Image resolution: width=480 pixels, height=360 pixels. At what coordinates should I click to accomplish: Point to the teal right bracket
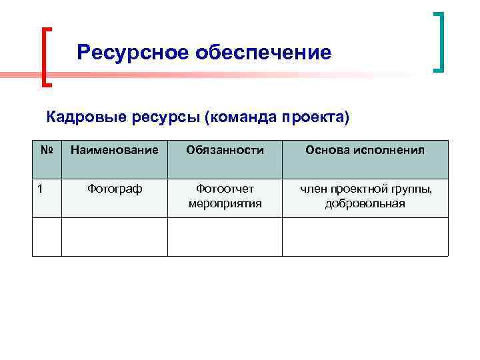pyautogui.click(x=439, y=41)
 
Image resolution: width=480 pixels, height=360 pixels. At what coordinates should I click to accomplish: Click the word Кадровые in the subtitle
pyautogui.click(x=82, y=118)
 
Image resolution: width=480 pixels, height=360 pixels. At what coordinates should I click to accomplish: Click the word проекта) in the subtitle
pyautogui.click(x=315, y=118)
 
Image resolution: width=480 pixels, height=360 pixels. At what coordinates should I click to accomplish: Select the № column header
pyautogui.click(x=47, y=150)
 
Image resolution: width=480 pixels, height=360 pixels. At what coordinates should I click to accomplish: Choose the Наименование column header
pyautogui.click(x=115, y=150)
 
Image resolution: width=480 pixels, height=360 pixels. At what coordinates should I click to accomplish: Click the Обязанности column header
pyautogui.click(x=225, y=150)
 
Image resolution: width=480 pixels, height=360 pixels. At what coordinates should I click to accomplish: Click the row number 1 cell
pyautogui.click(x=41, y=189)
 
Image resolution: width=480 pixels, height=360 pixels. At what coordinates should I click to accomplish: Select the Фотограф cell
pyautogui.click(x=115, y=189)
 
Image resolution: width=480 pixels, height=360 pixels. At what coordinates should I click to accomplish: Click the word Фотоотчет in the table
pyautogui.click(x=225, y=189)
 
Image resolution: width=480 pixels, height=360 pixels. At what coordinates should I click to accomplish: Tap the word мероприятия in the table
pyautogui.click(x=225, y=203)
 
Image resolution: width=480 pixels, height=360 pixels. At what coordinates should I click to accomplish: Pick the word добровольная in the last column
pyautogui.click(x=365, y=203)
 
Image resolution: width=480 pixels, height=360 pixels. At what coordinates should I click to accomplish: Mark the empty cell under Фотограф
pyautogui.click(x=115, y=237)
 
